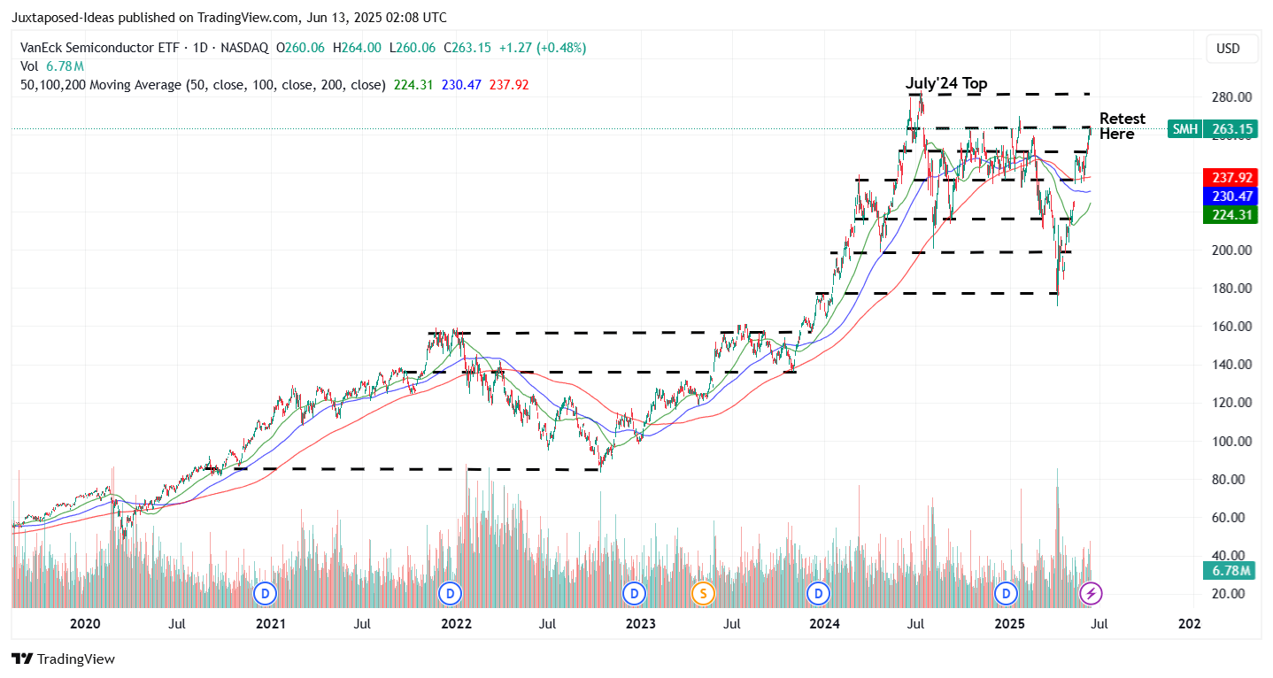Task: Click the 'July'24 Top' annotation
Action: tap(945, 84)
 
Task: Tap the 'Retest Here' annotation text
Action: tap(1122, 127)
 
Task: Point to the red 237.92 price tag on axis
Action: tap(1231, 177)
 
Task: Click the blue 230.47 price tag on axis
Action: tap(1231, 196)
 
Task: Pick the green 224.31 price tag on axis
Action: tap(1231, 214)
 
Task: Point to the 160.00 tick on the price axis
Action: tap(1231, 326)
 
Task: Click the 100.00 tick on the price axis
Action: tap(1231, 441)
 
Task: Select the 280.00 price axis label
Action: tap(1231, 96)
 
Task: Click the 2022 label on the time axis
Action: tap(456, 624)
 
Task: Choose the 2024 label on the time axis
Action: tap(825, 624)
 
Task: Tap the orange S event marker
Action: tap(703, 592)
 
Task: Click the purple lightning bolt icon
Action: tap(1092, 592)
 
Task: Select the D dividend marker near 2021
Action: tap(265, 592)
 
